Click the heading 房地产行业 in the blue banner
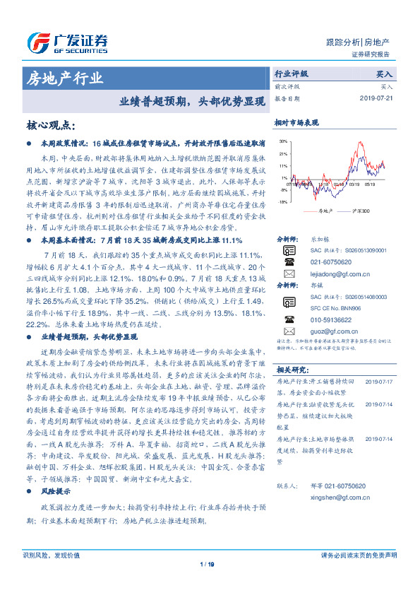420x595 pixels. coord(64,77)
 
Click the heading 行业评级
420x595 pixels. coord(291,73)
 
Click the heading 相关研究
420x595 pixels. coord(291,370)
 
